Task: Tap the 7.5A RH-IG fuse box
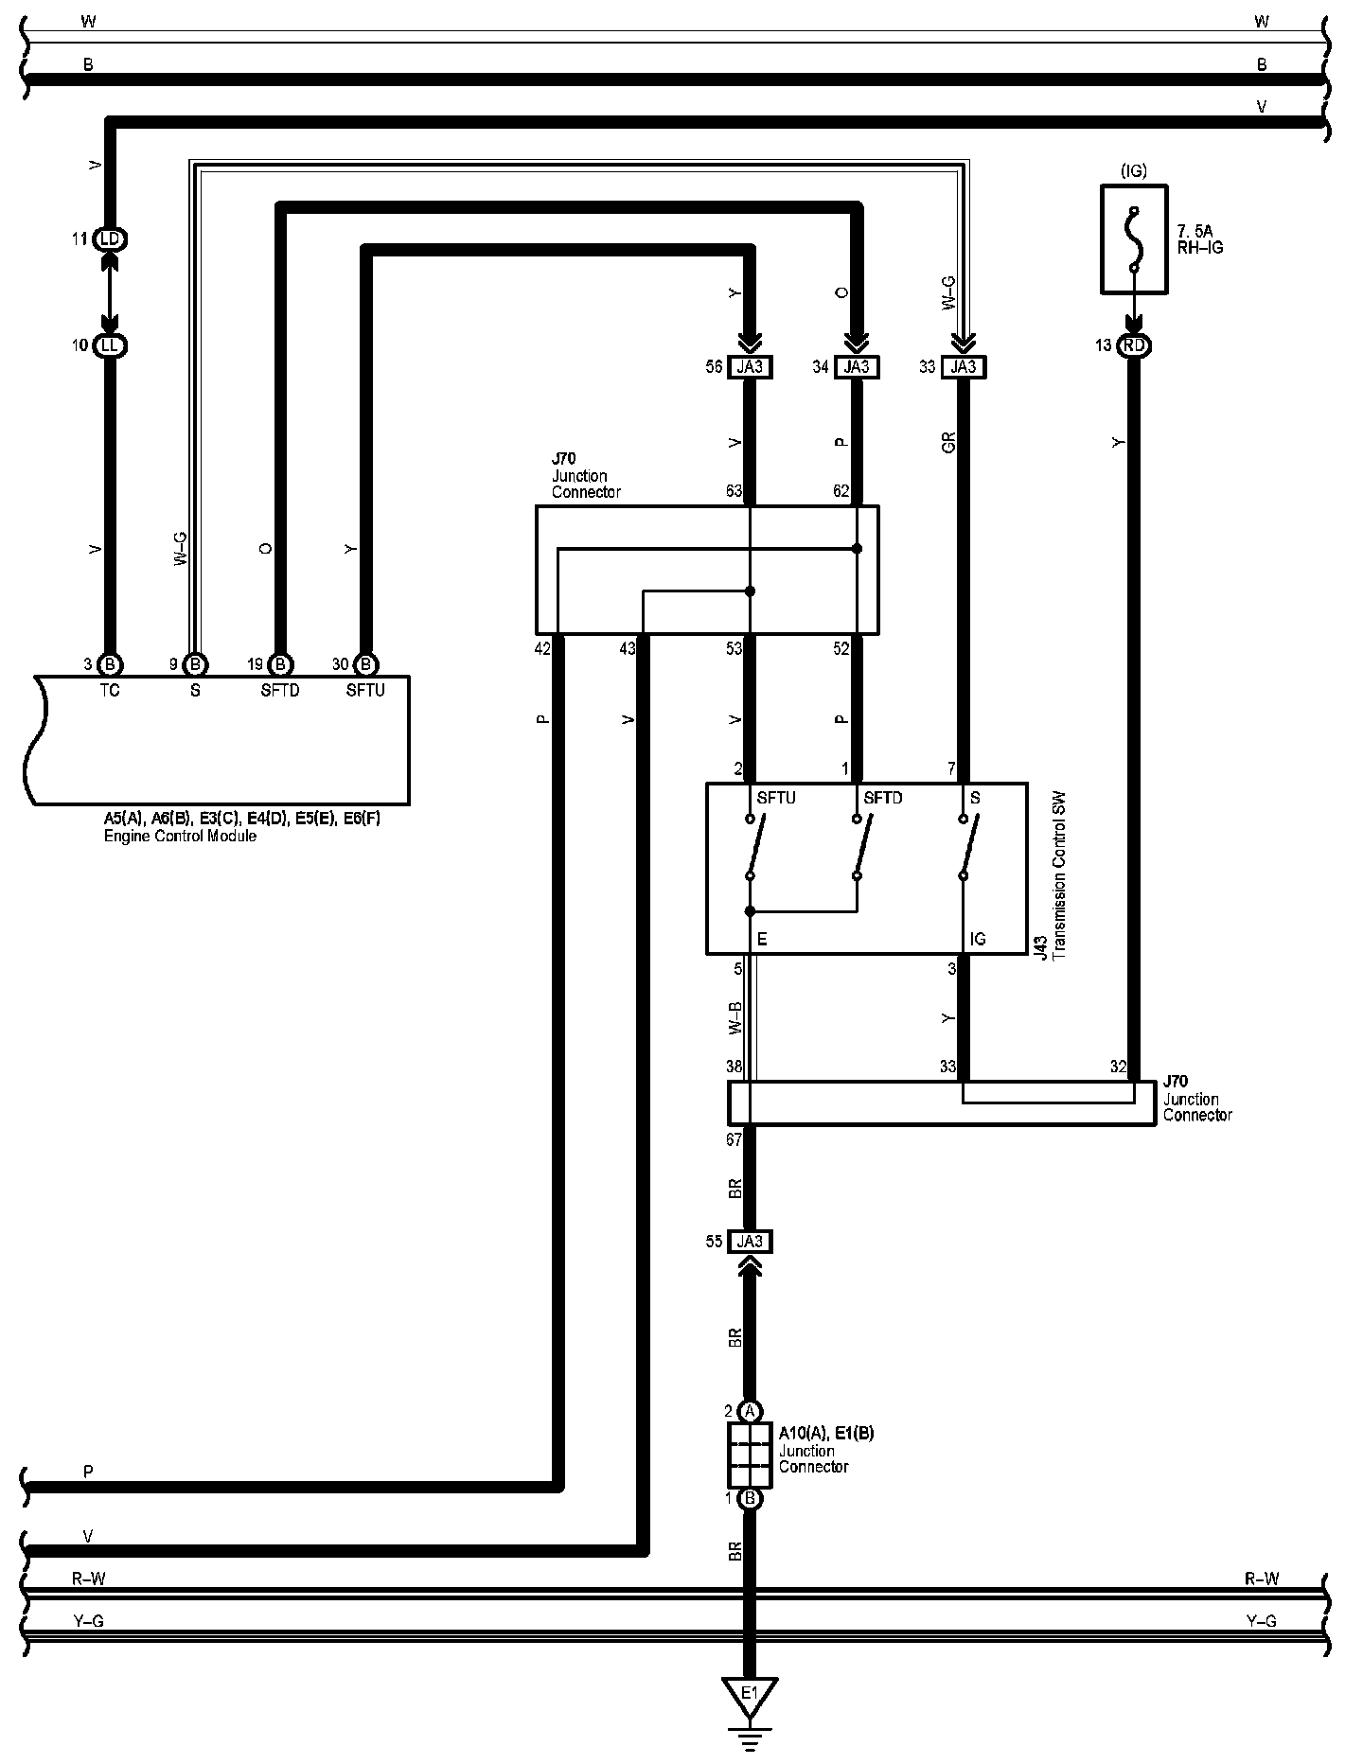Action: pyautogui.click(x=1134, y=238)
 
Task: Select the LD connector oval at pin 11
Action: pyautogui.click(x=110, y=238)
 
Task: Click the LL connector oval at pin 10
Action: pyautogui.click(x=110, y=345)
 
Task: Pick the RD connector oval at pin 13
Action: pyautogui.click(x=1134, y=345)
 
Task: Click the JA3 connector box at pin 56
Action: pyautogui.click(x=750, y=367)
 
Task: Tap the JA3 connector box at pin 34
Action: pyautogui.click(x=857, y=367)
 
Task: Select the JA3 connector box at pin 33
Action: pyautogui.click(x=964, y=367)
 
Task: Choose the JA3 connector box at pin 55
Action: pyautogui.click(x=750, y=1242)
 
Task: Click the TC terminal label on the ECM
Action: pyautogui.click(x=110, y=691)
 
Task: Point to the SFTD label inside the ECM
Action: pyautogui.click(x=280, y=691)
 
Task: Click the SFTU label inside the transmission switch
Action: pyautogui.click(x=776, y=798)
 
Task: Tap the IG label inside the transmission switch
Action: pyautogui.click(x=978, y=939)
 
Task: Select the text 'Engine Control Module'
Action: pyautogui.click(x=180, y=837)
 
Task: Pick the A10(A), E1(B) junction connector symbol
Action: pyautogui.click(x=749, y=1455)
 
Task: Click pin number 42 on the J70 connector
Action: pyautogui.click(x=541, y=648)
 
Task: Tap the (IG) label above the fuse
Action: pyautogui.click(x=1133, y=171)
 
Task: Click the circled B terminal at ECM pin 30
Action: pyautogui.click(x=366, y=664)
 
